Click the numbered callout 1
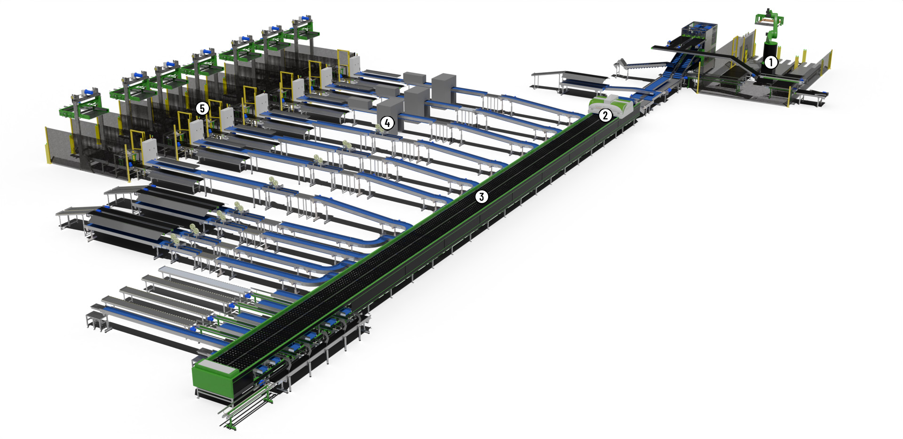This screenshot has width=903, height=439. (770, 62)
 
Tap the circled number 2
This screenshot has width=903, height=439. (605, 115)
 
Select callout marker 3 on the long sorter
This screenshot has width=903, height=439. (481, 196)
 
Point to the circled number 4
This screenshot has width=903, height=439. (387, 123)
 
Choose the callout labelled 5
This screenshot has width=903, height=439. (202, 109)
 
